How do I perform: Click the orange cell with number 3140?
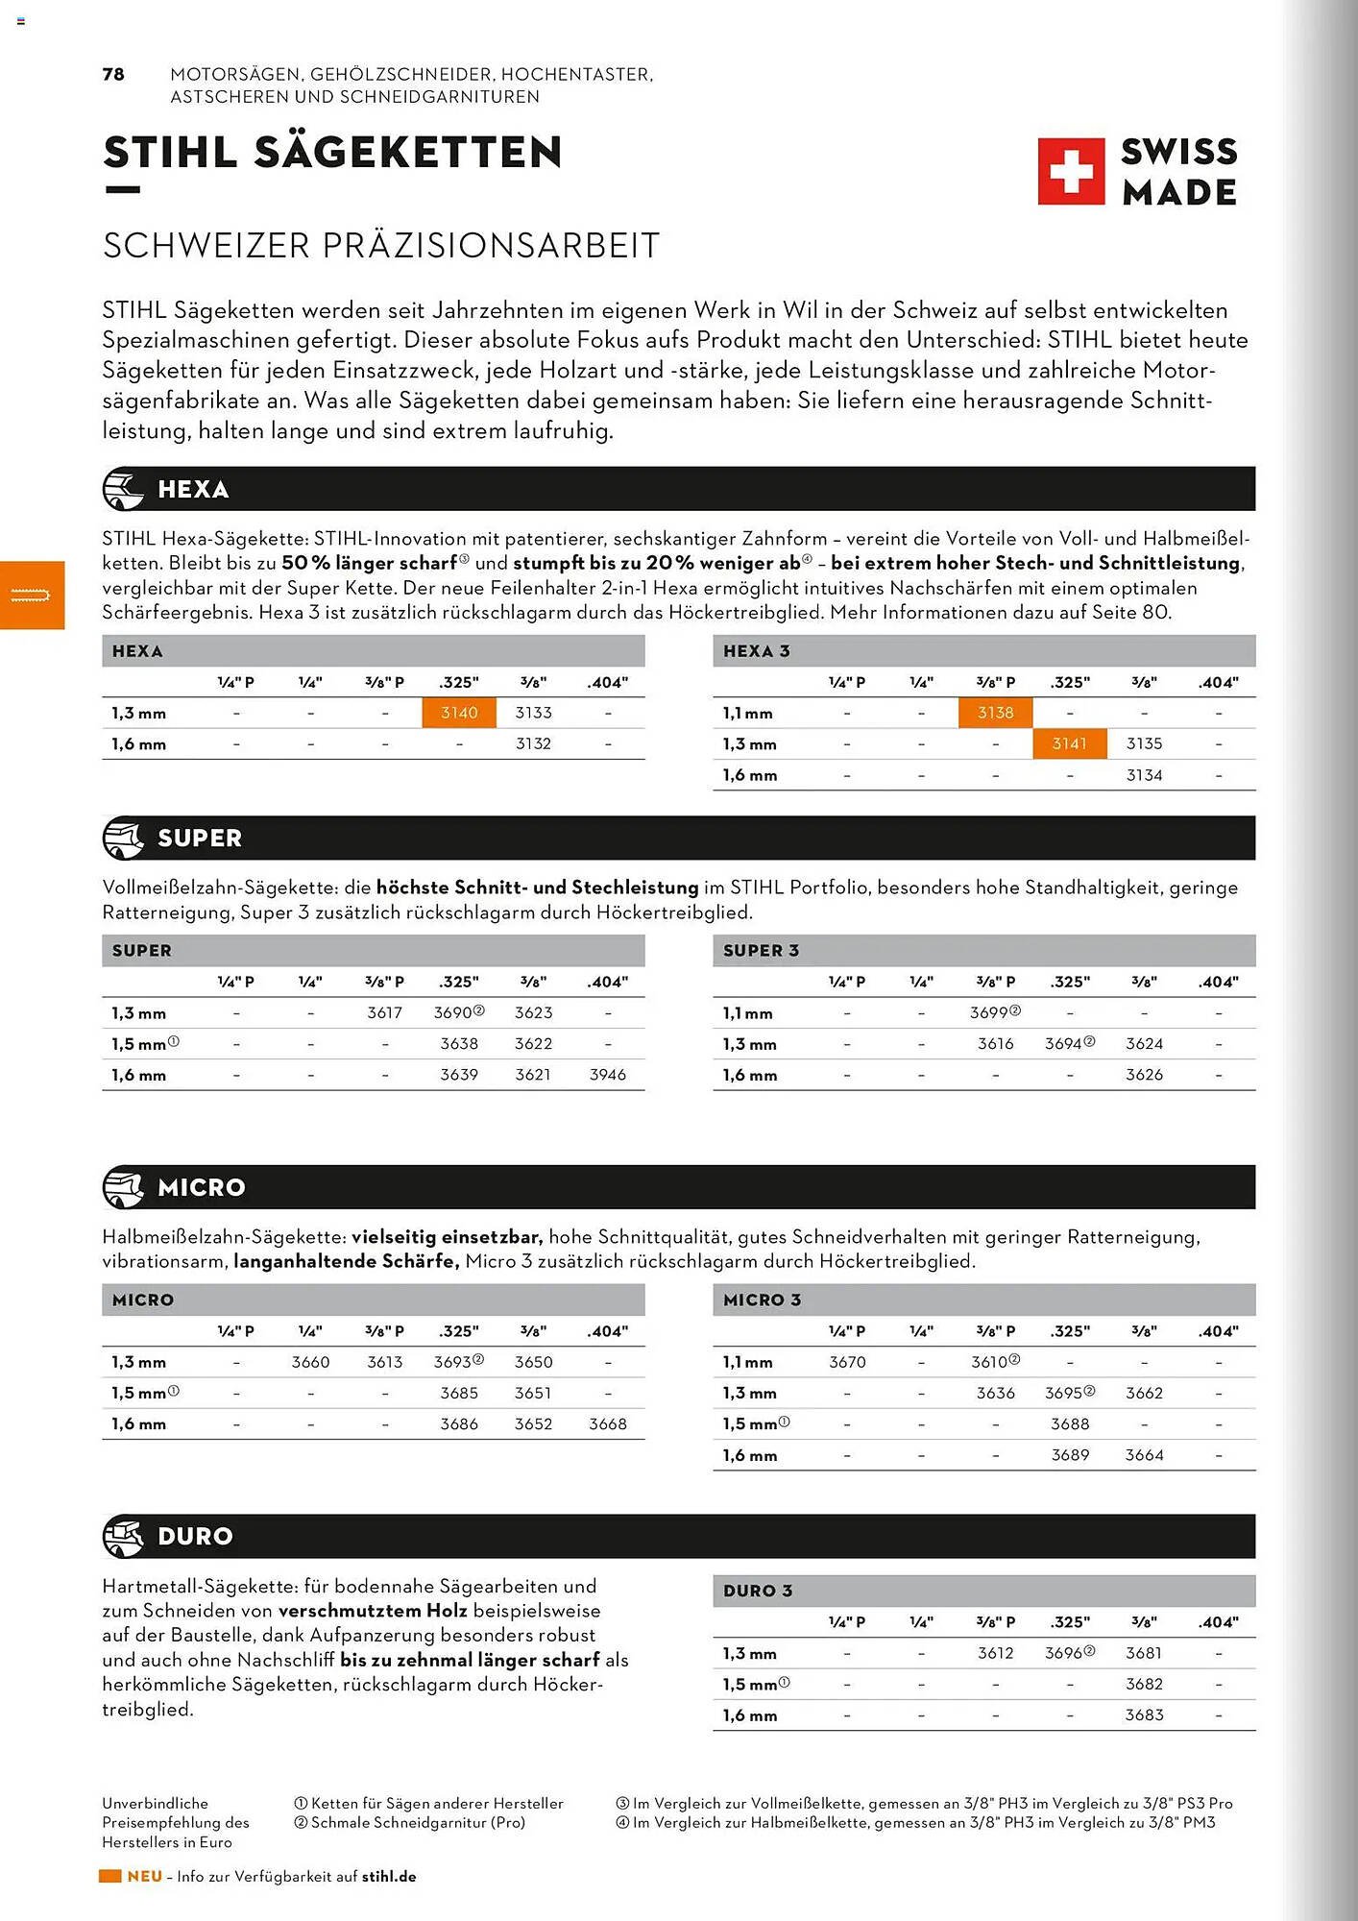pyautogui.click(x=459, y=713)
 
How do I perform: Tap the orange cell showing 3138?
pyautogui.click(x=995, y=713)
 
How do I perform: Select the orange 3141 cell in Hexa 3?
pyautogui.click(x=1069, y=743)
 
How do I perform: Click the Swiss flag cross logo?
pyautogui.click(x=1071, y=172)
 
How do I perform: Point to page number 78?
pyautogui.click(x=113, y=74)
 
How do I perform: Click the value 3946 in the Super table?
pyautogui.click(x=607, y=1075)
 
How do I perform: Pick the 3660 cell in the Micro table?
pyautogui.click(x=310, y=1362)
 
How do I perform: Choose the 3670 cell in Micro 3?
pyautogui.click(x=847, y=1362)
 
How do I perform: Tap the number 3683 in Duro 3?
pyautogui.click(x=1144, y=1714)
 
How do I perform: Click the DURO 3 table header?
pyautogui.click(x=758, y=1591)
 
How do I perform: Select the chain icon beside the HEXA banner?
pyautogui.click(x=123, y=489)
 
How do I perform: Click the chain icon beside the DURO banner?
pyautogui.click(x=123, y=1536)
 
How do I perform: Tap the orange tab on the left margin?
pyautogui.click(x=32, y=596)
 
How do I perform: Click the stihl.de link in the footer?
pyautogui.click(x=389, y=1876)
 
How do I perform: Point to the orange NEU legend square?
pyautogui.click(x=110, y=1876)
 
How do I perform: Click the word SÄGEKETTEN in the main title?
pyautogui.click(x=408, y=153)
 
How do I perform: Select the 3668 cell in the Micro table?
pyautogui.click(x=607, y=1423)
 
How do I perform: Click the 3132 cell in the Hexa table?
pyautogui.click(x=533, y=743)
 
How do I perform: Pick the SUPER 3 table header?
pyautogui.click(x=761, y=950)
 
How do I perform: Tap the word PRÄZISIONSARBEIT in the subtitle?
pyautogui.click(x=491, y=246)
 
